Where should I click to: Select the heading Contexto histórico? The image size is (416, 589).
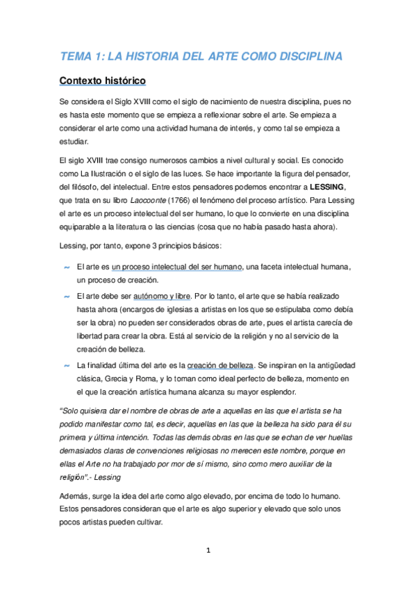[102, 81]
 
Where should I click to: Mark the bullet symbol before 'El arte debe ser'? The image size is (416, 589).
[67, 296]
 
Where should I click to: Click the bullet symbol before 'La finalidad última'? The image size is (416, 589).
[67, 365]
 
